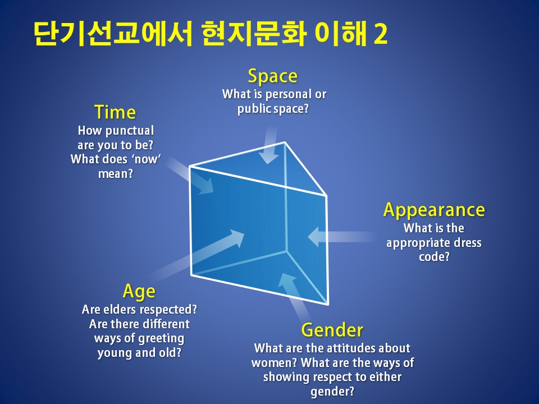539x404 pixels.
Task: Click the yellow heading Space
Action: point(273,76)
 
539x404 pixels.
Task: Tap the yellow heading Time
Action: point(115,112)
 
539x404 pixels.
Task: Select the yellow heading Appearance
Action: point(434,210)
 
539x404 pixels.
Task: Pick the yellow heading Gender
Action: point(332,330)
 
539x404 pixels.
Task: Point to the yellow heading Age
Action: point(139,292)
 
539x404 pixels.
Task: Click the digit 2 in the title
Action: point(380,34)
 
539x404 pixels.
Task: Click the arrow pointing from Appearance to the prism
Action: point(342,237)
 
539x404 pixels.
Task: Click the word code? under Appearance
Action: point(434,256)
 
